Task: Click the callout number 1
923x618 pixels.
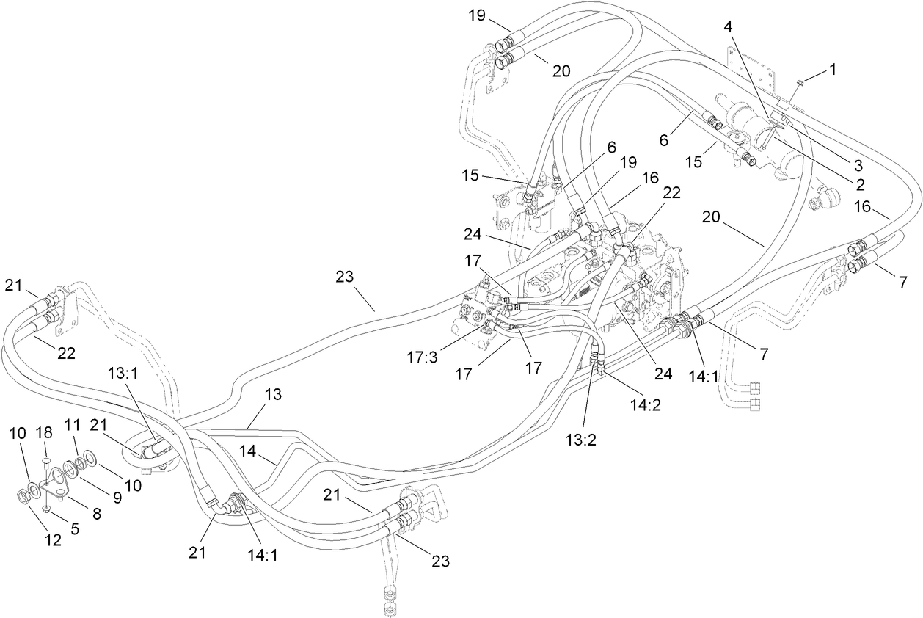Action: pos(832,70)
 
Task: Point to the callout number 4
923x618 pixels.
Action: pos(727,27)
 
